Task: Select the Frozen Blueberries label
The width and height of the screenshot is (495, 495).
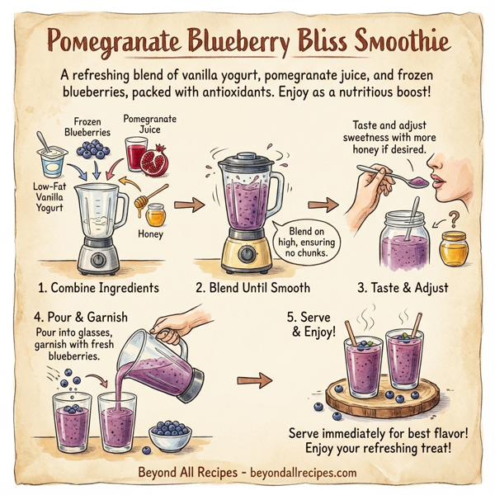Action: [87, 125]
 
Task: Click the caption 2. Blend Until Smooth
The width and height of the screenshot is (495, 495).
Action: [252, 288]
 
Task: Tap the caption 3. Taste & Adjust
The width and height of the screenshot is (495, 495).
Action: [403, 288]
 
